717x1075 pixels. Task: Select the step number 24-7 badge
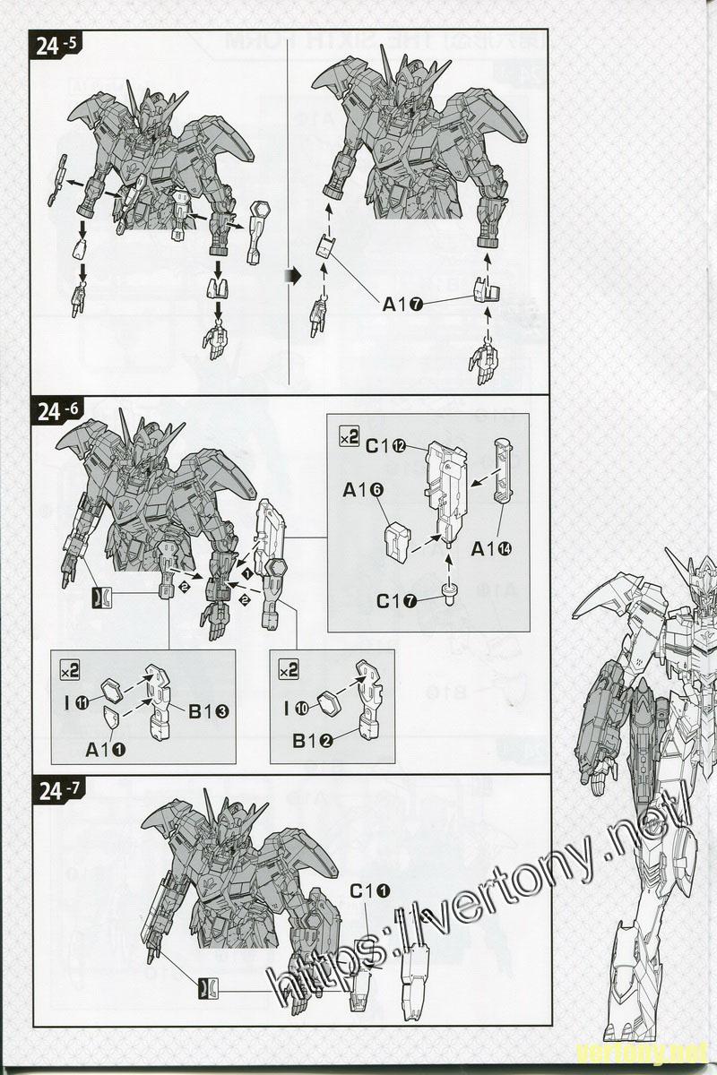[x=59, y=790]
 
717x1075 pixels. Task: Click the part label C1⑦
[x=396, y=601]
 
